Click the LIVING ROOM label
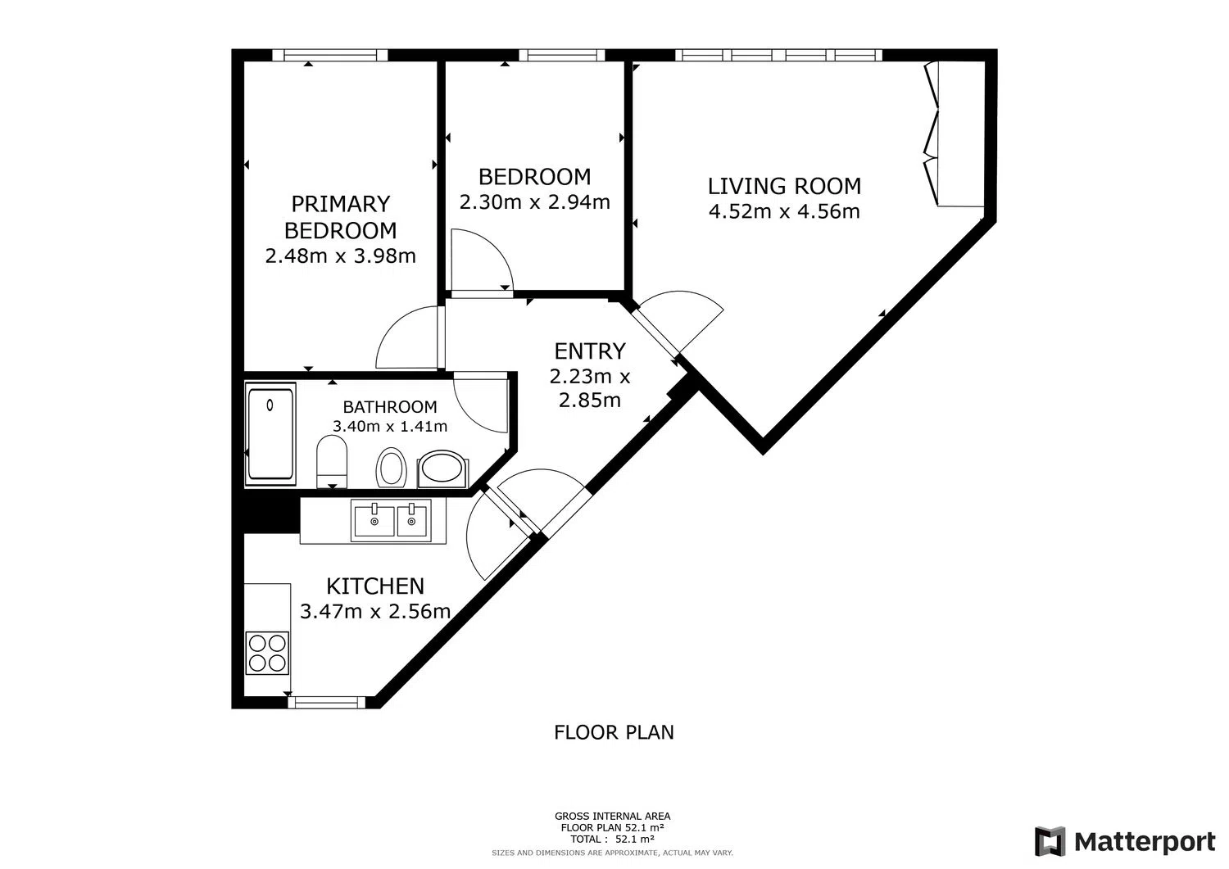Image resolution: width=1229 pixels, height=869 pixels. tap(784, 186)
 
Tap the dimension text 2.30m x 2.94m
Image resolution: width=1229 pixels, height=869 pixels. tap(534, 202)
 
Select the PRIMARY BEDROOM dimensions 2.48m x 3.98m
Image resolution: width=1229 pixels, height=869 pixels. tap(340, 256)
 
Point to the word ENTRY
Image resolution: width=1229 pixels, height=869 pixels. tap(590, 351)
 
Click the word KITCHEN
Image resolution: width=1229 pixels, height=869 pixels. tap(375, 586)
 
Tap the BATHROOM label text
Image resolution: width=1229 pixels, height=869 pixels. tap(390, 407)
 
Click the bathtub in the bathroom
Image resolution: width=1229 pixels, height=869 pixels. tap(270, 434)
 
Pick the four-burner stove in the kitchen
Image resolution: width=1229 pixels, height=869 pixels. tap(267, 653)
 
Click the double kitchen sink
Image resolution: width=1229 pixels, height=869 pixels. tap(391, 521)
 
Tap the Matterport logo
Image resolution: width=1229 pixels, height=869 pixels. tap(1125, 842)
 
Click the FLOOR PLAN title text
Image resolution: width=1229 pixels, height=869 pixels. tap(614, 732)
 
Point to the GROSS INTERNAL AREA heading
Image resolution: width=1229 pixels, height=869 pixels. tap(612, 817)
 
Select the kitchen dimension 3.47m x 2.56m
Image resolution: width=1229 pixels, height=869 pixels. tap(375, 612)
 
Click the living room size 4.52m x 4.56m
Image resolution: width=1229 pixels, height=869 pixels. tap(784, 211)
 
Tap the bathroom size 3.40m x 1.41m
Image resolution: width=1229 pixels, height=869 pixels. tap(390, 426)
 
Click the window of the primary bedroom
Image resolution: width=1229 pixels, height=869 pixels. tap(330, 55)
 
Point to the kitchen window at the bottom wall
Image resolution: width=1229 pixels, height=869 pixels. tap(326, 702)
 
